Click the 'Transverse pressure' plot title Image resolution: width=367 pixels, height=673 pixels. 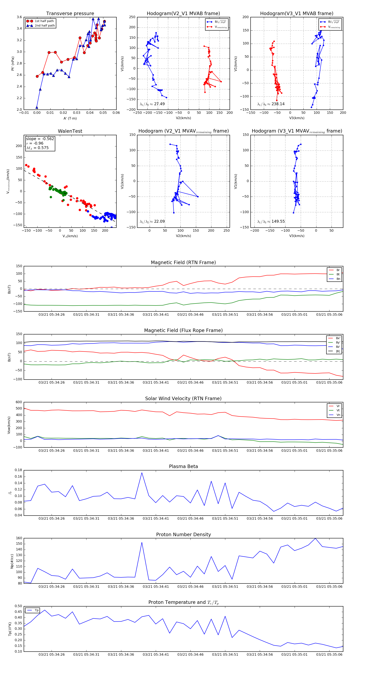click(x=70, y=14)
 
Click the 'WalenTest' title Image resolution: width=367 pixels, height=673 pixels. click(x=70, y=131)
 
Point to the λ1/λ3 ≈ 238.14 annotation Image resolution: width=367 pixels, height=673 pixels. click(x=271, y=104)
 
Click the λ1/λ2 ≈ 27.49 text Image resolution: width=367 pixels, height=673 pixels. click(x=152, y=104)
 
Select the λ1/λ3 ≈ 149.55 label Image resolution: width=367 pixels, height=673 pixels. click(x=271, y=221)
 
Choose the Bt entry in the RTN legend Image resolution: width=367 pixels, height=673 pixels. click(x=338, y=275)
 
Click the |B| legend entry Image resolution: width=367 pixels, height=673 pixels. click(x=338, y=351)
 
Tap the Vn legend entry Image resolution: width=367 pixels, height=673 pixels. click(x=338, y=415)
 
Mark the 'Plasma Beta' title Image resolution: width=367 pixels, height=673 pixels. click(x=183, y=467)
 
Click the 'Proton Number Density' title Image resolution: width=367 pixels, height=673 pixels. click(x=183, y=535)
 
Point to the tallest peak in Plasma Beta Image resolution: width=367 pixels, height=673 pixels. click(x=142, y=473)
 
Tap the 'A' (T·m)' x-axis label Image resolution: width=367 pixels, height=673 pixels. click(x=70, y=118)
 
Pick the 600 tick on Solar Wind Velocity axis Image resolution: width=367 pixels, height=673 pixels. click(x=19, y=402)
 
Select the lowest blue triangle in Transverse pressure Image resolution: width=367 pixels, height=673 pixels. click(x=37, y=107)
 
